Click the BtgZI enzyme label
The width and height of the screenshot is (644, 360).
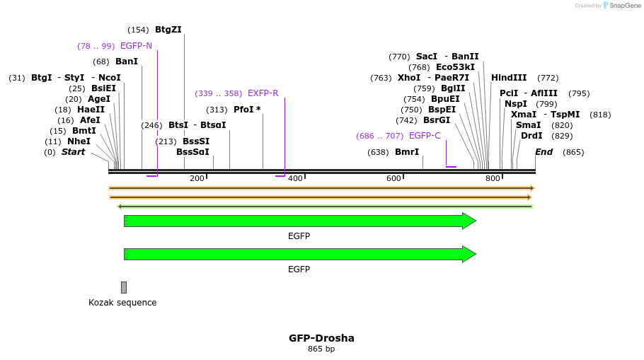point(168,30)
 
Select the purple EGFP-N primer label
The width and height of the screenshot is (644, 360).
point(136,46)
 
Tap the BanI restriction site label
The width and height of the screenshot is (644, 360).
point(127,62)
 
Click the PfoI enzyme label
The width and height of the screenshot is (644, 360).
point(247,110)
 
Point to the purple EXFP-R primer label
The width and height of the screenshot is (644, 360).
point(263,93)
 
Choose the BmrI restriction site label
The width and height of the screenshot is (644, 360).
point(407,152)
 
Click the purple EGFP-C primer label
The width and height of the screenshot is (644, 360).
point(425,136)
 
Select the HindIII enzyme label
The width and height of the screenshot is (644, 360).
point(509,78)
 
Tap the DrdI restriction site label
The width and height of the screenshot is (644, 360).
point(531,136)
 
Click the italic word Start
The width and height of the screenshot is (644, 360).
point(73,152)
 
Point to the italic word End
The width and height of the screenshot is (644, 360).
point(544,152)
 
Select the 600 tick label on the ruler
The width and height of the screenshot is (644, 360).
point(393,178)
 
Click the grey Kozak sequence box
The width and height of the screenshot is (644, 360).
point(124,287)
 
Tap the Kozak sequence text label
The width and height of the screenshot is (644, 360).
point(122,303)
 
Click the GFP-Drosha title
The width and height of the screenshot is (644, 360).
point(321,338)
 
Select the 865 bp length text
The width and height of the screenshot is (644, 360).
point(321,349)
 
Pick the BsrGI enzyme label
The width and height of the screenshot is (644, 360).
point(437,120)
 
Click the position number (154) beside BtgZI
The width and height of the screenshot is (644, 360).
point(138,30)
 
